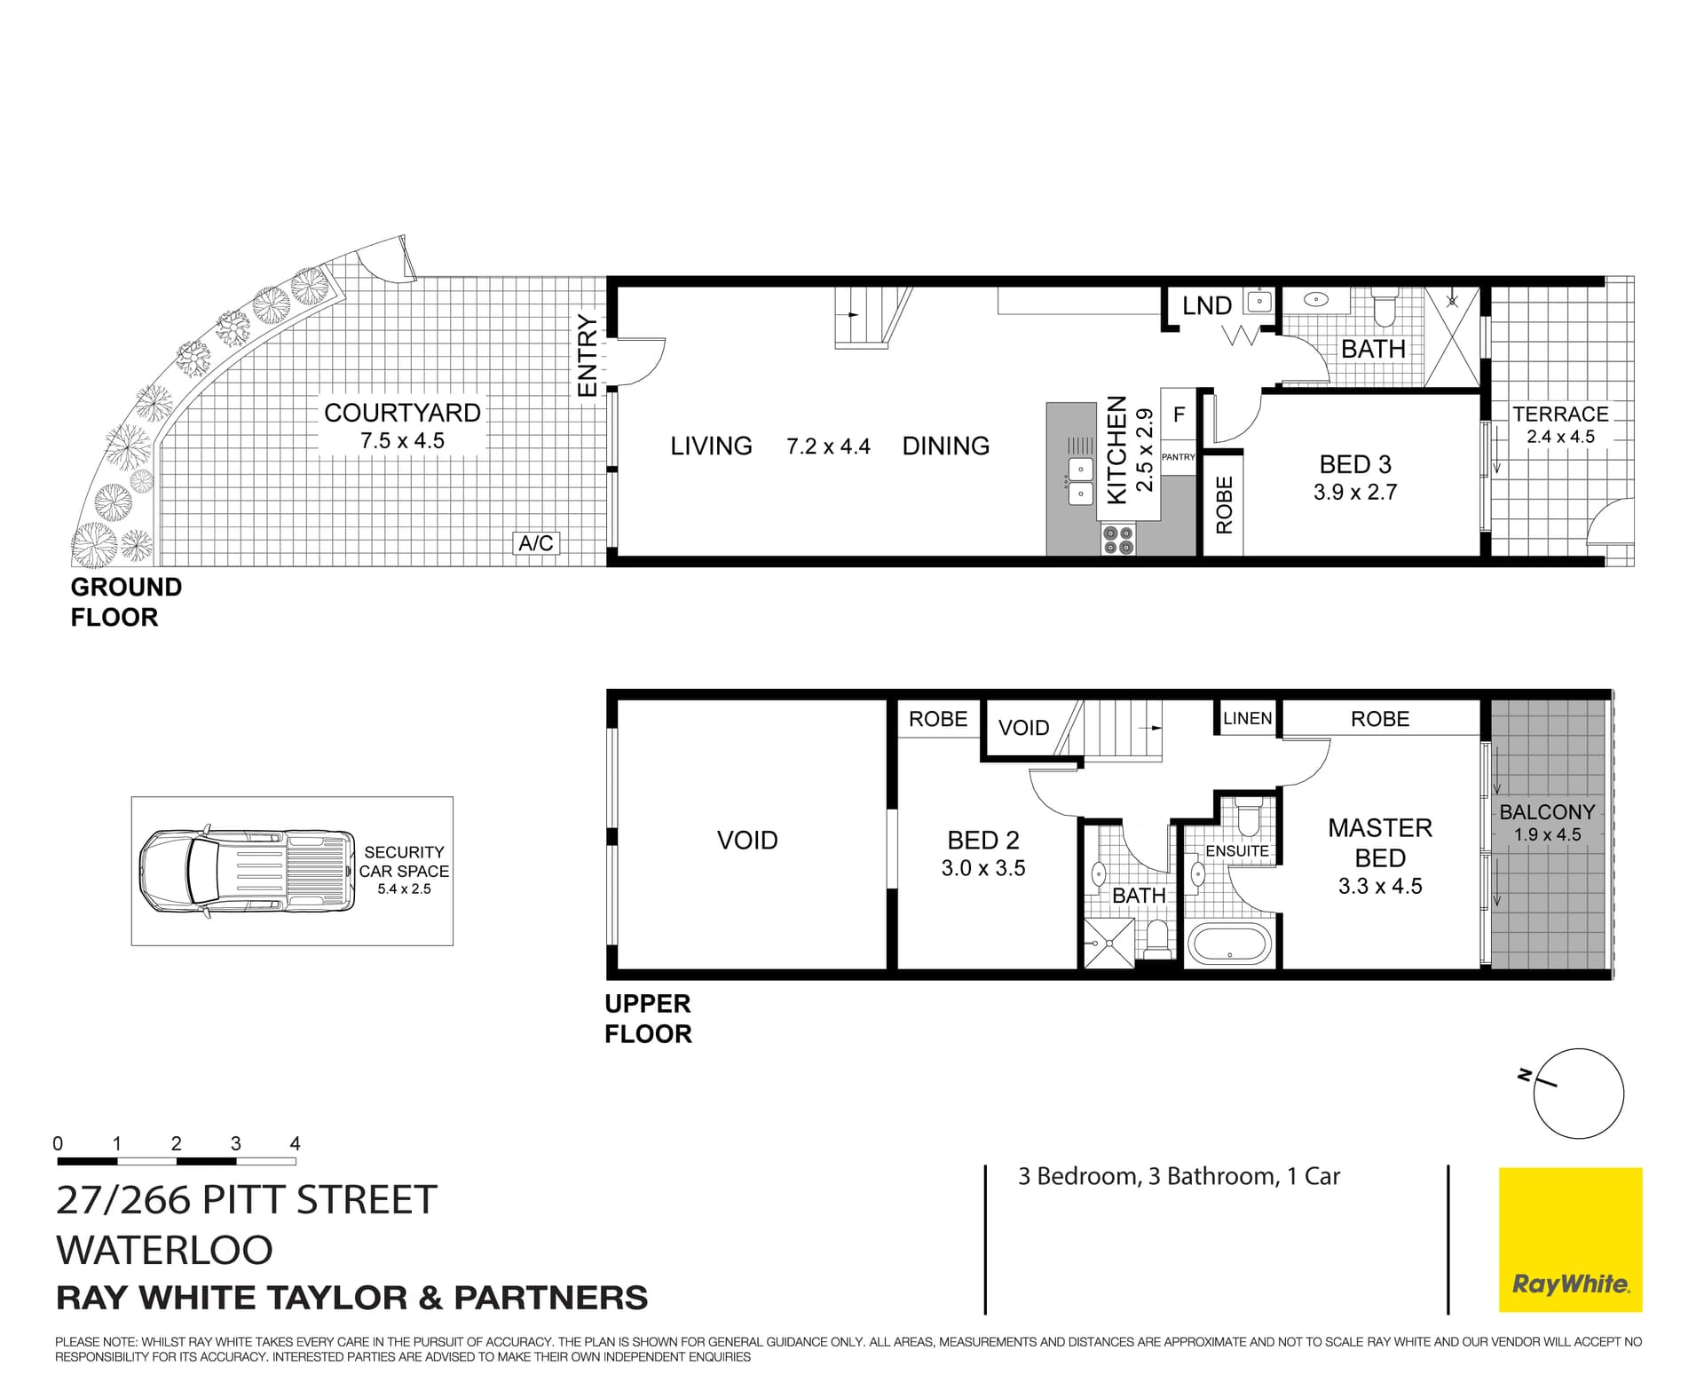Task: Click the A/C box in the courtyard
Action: (x=536, y=543)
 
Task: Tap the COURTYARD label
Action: (x=402, y=413)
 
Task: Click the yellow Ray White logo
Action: (x=1570, y=1239)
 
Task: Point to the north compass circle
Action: (x=1579, y=1094)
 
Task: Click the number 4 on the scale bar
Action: (x=295, y=1144)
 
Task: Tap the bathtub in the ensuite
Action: (x=1230, y=944)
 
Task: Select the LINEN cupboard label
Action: (x=1247, y=718)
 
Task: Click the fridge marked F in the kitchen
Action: (x=1179, y=415)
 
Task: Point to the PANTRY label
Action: (x=1179, y=457)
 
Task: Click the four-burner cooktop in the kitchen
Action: (x=1118, y=540)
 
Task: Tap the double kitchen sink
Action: (x=1080, y=480)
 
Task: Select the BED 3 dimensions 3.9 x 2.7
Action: (x=1355, y=492)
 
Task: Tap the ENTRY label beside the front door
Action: (x=588, y=355)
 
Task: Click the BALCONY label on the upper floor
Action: (x=1547, y=812)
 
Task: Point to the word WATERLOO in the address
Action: (x=164, y=1250)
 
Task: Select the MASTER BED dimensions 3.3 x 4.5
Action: (x=1380, y=886)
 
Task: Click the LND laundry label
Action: (x=1207, y=306)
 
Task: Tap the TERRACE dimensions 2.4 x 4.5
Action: (x=1560, y=437)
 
